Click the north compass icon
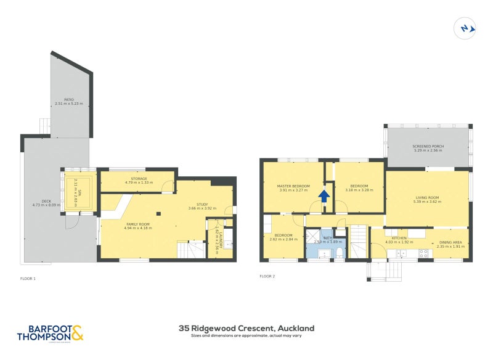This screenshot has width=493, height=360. pos(465,28)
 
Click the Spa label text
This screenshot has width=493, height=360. pos(78,183)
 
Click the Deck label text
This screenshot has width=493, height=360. pos(46,203)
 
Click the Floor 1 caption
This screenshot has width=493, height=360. pos(28,279)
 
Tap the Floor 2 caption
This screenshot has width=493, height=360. pos(267,276)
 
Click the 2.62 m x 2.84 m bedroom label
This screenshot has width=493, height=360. pos(283,237)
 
